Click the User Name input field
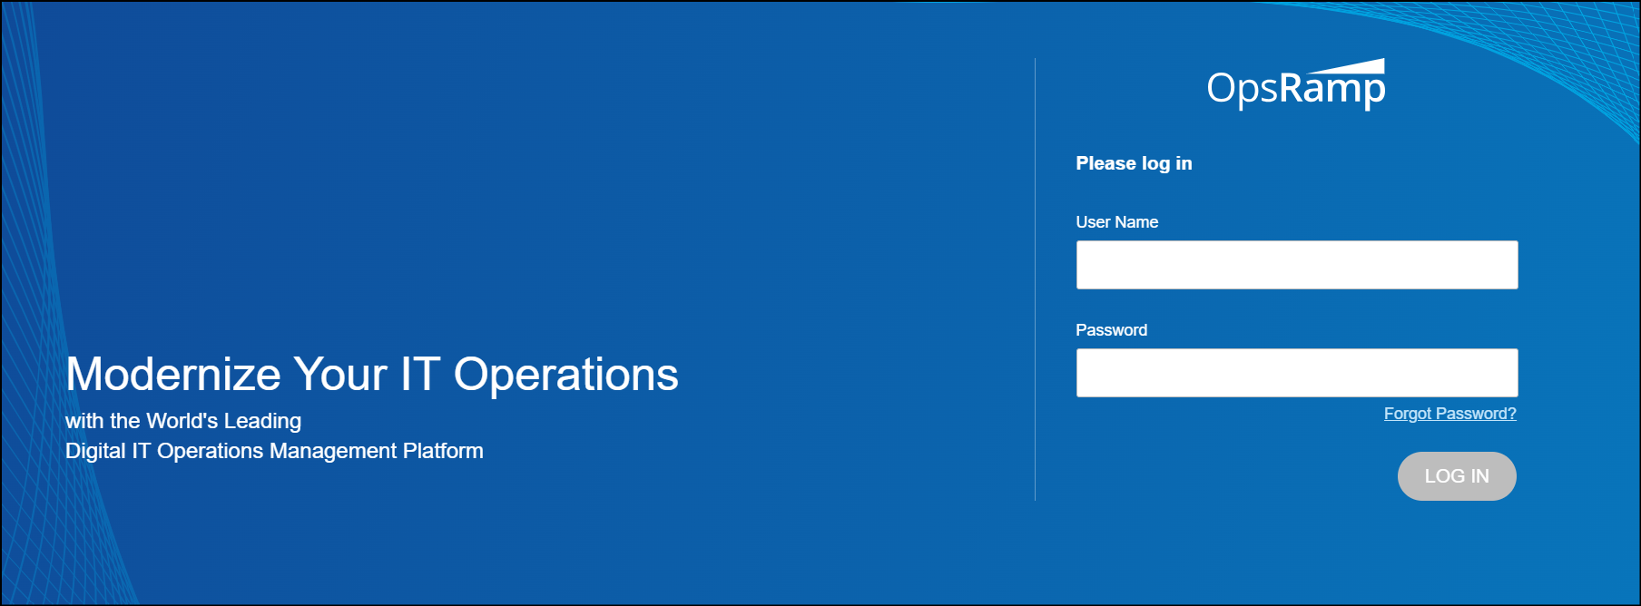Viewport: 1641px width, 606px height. point(1297,265)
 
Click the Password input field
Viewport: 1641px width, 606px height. point(1297,373)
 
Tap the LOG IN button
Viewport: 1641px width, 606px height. point(1457,476)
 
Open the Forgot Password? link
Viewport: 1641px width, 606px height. point(1449,414)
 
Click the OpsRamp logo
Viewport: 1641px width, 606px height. point(1296,85)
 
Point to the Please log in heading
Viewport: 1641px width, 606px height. point(1134,163)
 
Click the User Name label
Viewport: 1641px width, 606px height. point(1116,222)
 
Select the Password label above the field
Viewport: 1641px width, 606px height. point(1111,330)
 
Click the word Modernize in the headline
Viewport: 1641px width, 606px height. point(173,374)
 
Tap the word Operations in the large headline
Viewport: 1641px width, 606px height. point(565,375)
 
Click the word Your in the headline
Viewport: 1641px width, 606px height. point(340,374)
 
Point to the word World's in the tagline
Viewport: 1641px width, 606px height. point(182,421)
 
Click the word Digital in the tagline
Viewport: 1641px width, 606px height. point(95,451)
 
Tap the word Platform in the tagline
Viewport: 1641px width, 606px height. point(443,451)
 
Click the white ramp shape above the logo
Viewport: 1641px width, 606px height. point(1346,66)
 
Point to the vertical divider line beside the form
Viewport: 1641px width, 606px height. point(1035,279)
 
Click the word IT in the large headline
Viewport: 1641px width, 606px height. point(420,374)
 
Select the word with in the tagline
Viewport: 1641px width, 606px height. point(84,421)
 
